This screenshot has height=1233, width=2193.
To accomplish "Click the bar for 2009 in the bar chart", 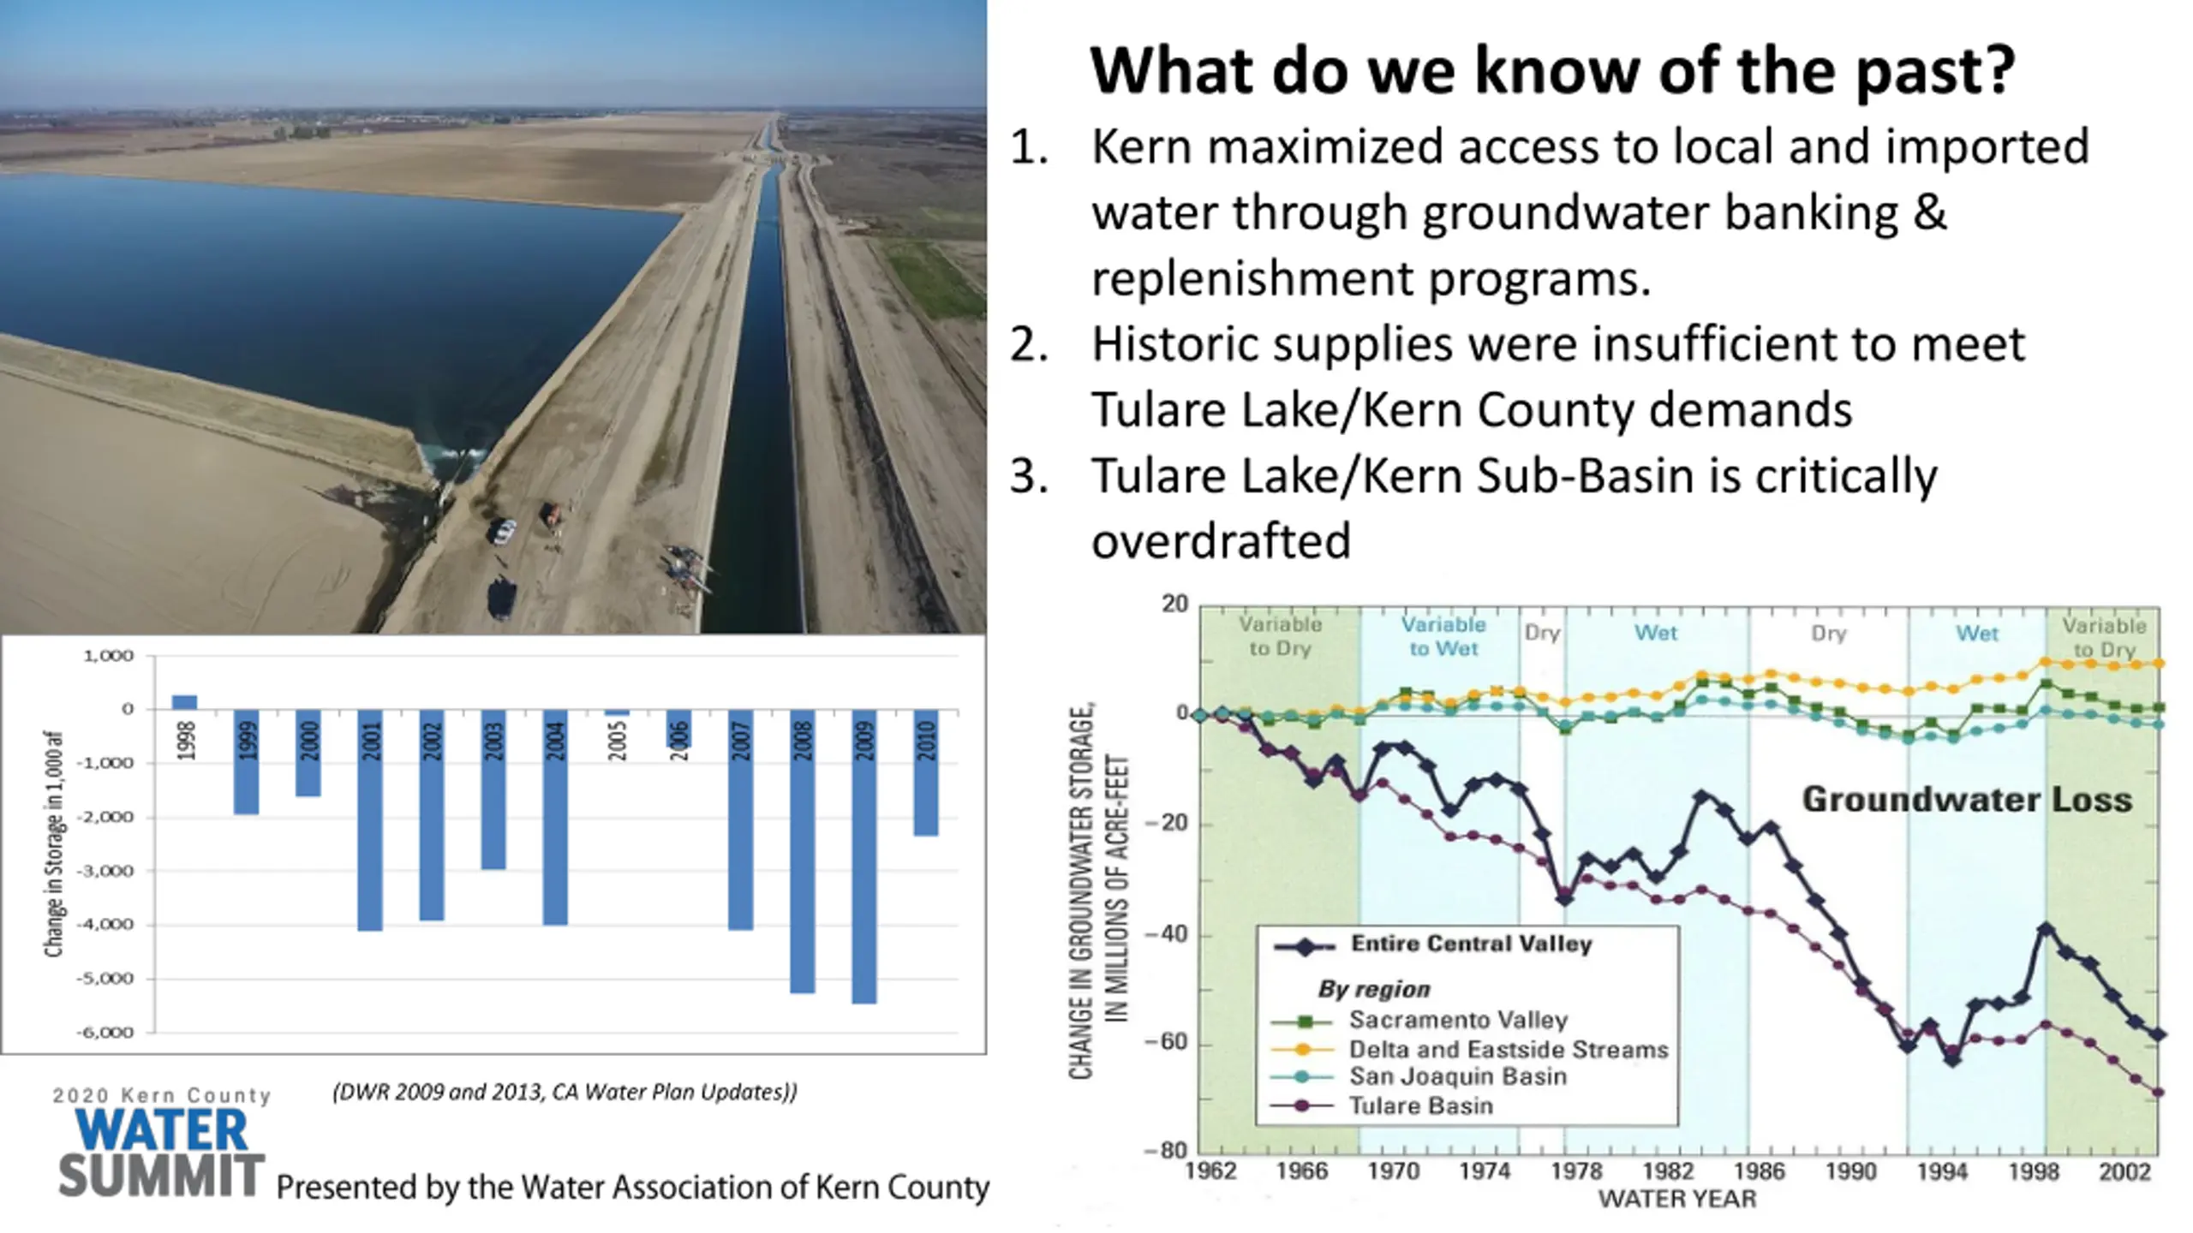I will pos(864,855).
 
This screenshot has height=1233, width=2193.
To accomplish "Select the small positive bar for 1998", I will pos(184,702).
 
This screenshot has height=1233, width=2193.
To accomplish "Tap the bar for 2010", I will pos(926,771).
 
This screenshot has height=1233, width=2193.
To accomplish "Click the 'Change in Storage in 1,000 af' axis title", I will pos(54,843).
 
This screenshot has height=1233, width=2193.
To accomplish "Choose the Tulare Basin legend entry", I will pos(1420,1105).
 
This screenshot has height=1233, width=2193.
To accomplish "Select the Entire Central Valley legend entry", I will pos(1471,944).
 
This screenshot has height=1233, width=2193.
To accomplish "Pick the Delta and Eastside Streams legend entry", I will pos(1508,1049).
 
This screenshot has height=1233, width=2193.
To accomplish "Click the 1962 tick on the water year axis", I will pos(1210,1171).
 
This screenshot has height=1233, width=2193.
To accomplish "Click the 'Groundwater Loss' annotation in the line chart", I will pos(1967,799).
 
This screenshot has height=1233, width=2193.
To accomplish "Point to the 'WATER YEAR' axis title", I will pos(1677,1199).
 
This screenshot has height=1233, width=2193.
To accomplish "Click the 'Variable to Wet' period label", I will pos(1443,636).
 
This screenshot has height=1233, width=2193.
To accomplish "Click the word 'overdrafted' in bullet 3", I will pos(1221,540).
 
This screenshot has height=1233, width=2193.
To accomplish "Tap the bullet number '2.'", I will pos(1029,345).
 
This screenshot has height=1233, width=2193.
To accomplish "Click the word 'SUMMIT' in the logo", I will pos(161,1176).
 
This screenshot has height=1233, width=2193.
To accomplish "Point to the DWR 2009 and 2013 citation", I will pos(565,1092).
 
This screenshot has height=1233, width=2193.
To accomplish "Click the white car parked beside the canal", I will pos(502,532).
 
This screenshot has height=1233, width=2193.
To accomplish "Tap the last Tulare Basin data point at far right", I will pos(2158,1093).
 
